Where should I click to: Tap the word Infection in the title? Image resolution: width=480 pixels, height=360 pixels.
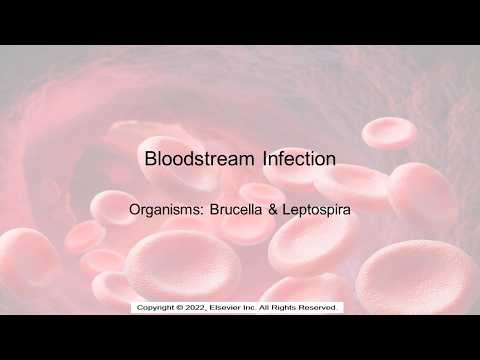pos(297,158)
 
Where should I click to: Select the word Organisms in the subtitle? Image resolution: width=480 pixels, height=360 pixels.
pos(165,212)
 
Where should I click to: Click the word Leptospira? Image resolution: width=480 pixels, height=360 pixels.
pos(317,212)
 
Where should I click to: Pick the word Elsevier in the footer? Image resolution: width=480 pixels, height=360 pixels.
pos(234,306)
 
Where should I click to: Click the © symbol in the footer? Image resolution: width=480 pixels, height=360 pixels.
pos(181,306)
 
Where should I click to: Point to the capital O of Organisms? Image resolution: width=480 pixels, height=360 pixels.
pos(136,212)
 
